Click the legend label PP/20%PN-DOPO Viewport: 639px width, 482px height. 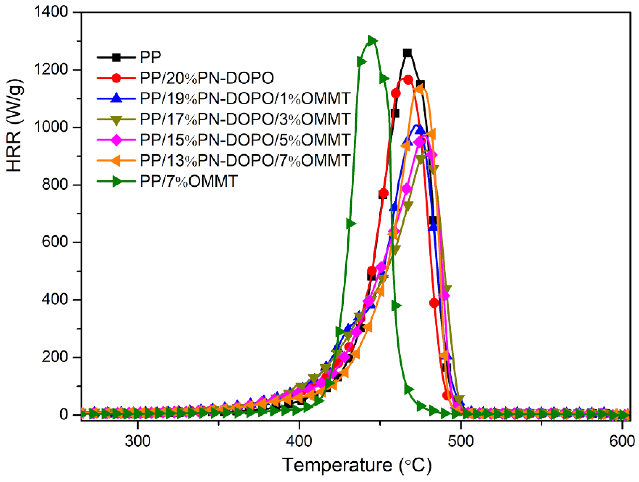point(207,78)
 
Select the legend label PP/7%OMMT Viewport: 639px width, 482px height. point(188,181)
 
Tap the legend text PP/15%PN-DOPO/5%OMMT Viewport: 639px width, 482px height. point(245,140)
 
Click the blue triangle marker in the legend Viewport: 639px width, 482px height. point(116,98)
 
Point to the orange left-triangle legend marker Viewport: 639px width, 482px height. point(116,160)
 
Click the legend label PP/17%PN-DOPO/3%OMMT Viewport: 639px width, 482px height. point(245,119)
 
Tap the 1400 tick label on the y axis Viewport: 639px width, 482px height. point(51,12)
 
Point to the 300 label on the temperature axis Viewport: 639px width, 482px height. point(138,441)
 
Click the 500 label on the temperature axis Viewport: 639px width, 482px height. point(461,441)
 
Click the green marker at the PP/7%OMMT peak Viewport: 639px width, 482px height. point(373,40)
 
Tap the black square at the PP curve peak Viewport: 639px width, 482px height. point(407,53)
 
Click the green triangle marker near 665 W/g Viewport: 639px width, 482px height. point(350,224)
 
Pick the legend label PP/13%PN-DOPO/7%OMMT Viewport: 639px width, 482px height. point(245,160)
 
